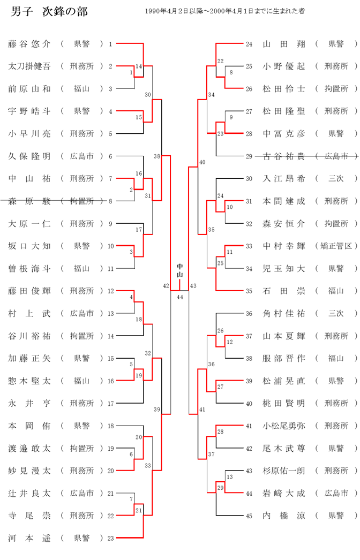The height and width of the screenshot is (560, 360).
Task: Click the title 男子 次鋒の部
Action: pyautogui.click(x=49, y=12)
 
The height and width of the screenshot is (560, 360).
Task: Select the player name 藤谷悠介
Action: pyautogui.click(x=29, y=44)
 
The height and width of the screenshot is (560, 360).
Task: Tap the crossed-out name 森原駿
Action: pyautogui.click(x=29, y=201)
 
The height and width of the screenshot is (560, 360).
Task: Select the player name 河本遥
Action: pyautogui.click(x=29, y=538)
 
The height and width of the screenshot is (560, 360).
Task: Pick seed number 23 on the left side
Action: pyautogui.click(x=110, y=538)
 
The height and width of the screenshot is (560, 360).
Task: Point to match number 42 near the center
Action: pyautogui.click(x=166, y=286)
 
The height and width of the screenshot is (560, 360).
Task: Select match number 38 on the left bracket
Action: pyautogui.click(x=156, y=156)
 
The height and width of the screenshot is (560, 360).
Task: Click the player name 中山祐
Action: pyautogui.click(x=29, y=178)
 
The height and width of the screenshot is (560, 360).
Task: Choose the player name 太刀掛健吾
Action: pyautogui.click(x=29, y=66)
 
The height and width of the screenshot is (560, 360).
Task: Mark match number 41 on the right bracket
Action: pyautogui.click(x=202, y=409)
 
